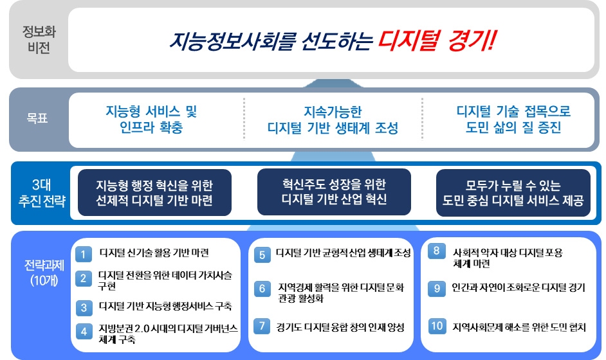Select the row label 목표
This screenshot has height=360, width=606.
[x=37, y=119]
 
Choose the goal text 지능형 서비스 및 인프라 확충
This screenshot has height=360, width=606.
[x=151, y=119]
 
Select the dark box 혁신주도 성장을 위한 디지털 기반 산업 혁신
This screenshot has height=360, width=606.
[x=334, y=192]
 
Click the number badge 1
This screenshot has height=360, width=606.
[x=83, y=254]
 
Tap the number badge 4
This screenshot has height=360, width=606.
[x=83, y=332]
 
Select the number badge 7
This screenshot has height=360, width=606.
[x=262, y=326]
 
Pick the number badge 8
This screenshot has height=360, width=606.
[x=437, y=251]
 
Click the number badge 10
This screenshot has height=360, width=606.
[x=437, y=326]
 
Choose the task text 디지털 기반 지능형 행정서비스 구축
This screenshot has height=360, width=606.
[x=165, y=306]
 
